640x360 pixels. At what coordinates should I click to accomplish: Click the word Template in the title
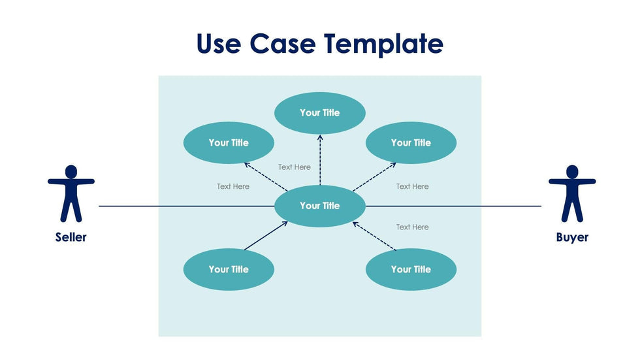tap(384, 44)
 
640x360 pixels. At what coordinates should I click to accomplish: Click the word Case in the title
tap(284, 44)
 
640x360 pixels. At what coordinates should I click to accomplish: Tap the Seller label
tap(71, 237)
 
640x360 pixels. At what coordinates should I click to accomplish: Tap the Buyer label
tap(572, 237)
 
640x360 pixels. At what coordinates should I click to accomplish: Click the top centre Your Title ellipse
tap(319, 113)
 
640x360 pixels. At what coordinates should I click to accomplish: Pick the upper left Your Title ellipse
tap(229, 142)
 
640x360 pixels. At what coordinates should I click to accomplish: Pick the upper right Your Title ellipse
tap(411, 142)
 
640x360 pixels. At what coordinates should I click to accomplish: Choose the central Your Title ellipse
tap(319, 206)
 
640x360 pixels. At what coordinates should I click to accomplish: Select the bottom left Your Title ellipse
tap(229, 269)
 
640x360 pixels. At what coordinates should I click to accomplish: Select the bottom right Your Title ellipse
tap(411, 269)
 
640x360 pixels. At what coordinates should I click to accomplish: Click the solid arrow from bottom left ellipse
tap(266, 236)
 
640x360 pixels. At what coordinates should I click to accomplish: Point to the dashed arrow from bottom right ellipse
tap(374, 236)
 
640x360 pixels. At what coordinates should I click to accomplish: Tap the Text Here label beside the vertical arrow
tap(295, 167)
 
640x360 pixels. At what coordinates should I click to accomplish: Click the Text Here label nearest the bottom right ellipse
tap(412, 227)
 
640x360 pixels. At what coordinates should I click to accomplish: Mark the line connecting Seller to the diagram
tap(186, 206)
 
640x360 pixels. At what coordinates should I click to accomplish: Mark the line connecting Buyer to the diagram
tap(453, 206)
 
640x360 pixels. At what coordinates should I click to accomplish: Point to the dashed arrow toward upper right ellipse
tap(374, 176)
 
